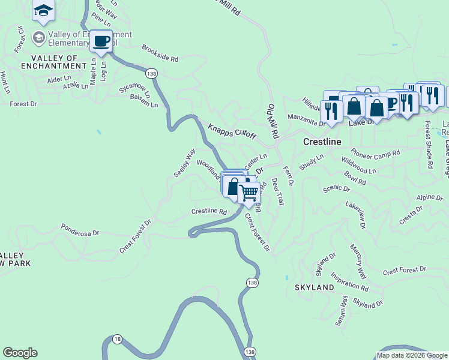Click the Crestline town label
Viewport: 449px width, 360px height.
tap(322, 142)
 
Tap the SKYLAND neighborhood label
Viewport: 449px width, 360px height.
tap(314, 288)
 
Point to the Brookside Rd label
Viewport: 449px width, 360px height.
tap(160, 54)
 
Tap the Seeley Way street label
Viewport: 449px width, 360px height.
tap(185, 162)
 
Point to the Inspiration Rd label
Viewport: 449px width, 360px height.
tap(349, 283)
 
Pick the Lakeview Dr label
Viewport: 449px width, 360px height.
tap(355, 214)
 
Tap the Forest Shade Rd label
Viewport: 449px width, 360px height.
tap(429, 145)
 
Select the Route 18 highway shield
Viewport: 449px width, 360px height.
tap(117, 339)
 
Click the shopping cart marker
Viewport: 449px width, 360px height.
tap(249, 193)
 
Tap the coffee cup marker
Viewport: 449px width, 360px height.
tap(101, 41)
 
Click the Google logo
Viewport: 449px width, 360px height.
tap(20, 353)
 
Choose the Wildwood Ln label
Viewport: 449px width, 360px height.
tap(358, 165)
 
